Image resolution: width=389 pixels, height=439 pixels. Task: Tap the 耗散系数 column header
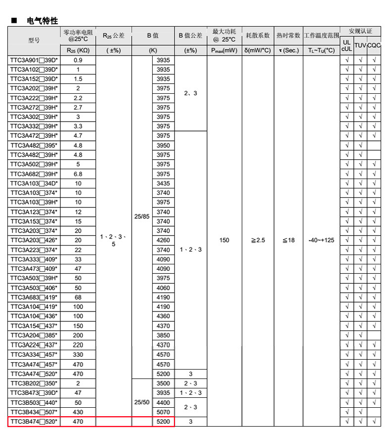258,36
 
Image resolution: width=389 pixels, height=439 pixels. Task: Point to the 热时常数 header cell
288,36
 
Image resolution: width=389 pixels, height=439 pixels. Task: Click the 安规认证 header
360,31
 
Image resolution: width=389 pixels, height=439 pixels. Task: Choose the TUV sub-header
360,45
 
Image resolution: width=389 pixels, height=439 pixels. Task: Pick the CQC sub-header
374,45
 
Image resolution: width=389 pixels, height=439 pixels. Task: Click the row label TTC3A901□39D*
34,60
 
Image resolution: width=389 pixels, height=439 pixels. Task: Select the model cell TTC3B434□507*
34,412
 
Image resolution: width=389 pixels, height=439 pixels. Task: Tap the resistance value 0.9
78,60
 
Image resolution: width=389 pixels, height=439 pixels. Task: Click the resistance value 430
78,412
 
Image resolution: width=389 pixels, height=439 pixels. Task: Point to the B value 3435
163,184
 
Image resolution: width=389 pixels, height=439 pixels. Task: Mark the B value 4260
163,240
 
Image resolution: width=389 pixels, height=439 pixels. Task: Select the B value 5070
163,412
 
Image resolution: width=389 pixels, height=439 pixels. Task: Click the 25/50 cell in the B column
142,402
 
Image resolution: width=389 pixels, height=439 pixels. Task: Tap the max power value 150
224,240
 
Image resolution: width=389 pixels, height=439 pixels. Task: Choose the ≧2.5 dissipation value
258,240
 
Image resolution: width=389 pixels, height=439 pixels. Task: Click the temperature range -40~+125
321,240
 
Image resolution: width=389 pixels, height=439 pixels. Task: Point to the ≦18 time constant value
288,240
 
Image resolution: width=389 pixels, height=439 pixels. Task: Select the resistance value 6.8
78,174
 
